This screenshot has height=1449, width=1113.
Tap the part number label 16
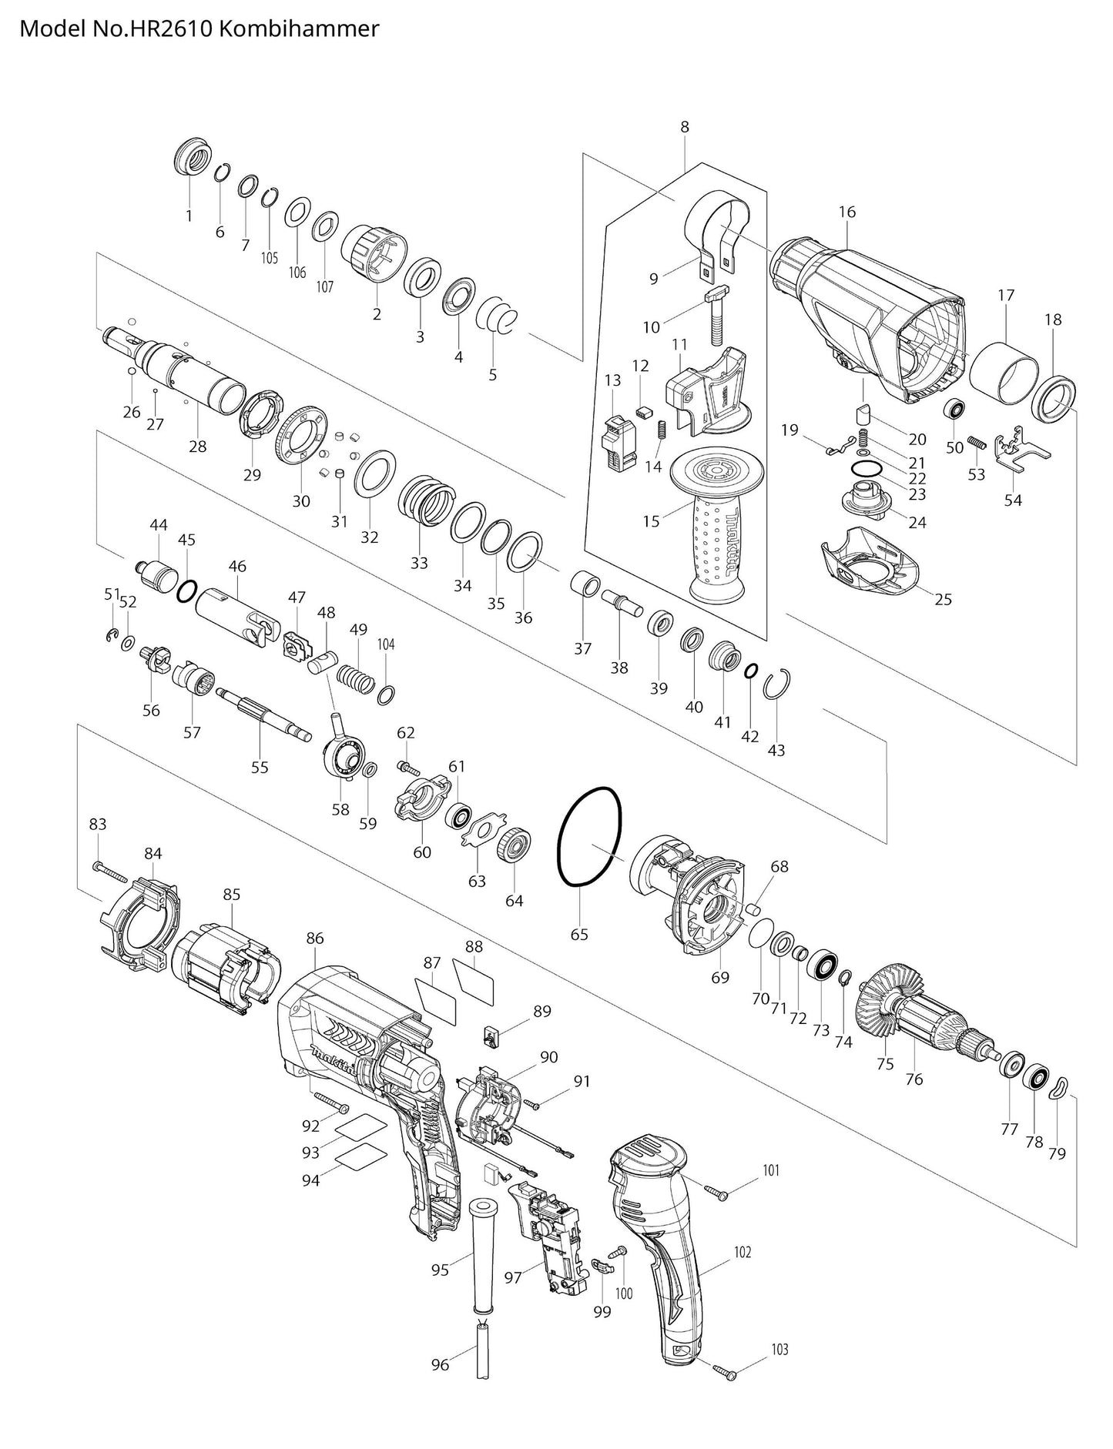click(x=847, y=212)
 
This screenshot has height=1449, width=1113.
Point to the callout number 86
click(x=314, y=939)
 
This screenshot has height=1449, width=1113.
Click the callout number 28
click(x=198, y=447)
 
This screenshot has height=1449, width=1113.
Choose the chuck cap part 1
click(x=193, y=159)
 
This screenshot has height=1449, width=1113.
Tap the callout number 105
click(x=269, y=258)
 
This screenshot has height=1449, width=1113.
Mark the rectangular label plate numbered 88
click(x=474, y=981)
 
